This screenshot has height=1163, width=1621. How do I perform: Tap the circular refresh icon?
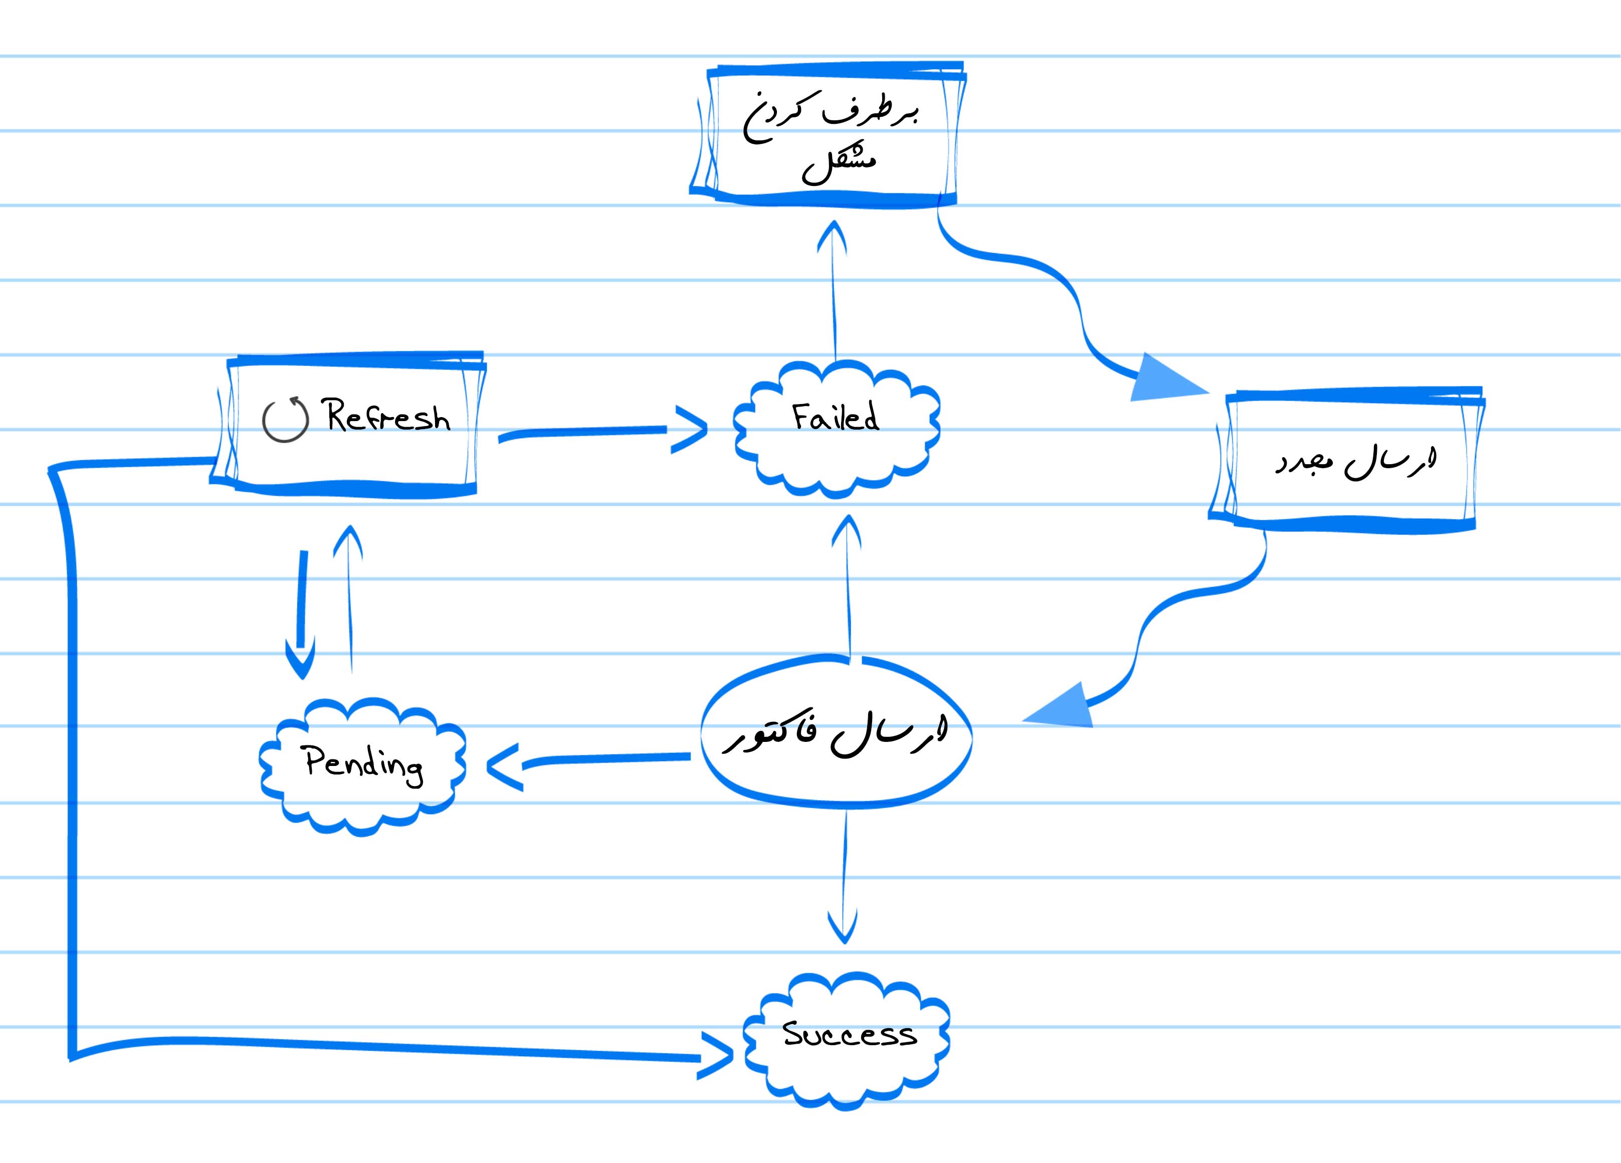point(285,420)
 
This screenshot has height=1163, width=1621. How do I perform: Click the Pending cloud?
point(362,767)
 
